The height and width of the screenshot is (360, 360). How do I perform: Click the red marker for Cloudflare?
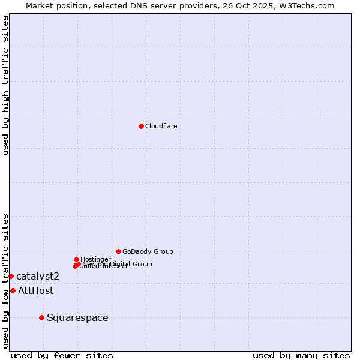point(141,126)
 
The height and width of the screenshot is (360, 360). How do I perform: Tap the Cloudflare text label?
point(161,126)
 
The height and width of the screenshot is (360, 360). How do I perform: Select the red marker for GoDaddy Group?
point(118,251)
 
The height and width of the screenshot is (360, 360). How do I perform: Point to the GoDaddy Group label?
point(148,251)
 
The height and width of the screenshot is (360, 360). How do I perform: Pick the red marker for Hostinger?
point(76,259)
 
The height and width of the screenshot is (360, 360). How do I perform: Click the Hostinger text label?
point(95,259)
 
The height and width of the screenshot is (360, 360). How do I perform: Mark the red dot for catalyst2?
point(11,276)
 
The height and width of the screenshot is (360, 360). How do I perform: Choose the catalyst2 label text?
point(38,276)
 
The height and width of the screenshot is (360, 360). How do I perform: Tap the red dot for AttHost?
point(13,290)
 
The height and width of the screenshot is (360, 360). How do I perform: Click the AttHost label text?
point(36,290)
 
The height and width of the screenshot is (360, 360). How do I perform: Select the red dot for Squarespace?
point(41,317)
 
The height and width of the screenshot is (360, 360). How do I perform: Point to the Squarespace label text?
point(77,317)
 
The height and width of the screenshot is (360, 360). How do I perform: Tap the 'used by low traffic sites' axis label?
point(5,280)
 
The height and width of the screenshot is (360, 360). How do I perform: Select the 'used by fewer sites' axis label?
point(62,355)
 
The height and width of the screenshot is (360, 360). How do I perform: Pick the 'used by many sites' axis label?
point(301,355)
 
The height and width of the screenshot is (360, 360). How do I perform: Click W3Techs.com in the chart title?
point(310,5)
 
